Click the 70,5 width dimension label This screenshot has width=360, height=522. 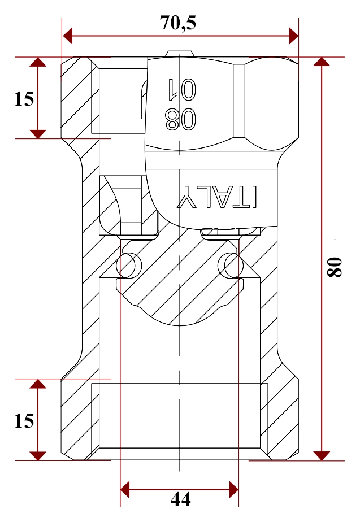pyautogui.click(x=178, y=23)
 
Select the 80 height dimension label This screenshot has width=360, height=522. pyautogui.click(x=334, y=267)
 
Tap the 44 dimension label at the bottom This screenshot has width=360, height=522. pyautogui.click(x=180, y=499)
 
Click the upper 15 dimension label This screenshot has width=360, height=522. pyautogui.click(x=24, y=99)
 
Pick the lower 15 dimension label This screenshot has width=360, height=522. pyautogui.click(x=24, y=421)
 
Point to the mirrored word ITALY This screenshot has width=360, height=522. pyautogui.click(x=217, y=197)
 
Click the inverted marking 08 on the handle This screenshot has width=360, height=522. pyautogui.click(x=180, y=119)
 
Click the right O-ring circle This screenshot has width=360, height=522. pyautogui.click(x=231, y=265)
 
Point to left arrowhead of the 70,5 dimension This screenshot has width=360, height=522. pyautogui.click(x=68, y=36)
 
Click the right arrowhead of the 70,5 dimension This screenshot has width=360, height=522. pyautogui.click(x=294, y=36)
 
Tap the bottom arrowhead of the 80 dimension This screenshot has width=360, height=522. pyautogui.click(x=322, y=456)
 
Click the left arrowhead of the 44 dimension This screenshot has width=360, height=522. pyautogui.click(x=125, y=490)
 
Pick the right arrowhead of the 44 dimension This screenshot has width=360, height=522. pyautogui.click(x=234, y=490)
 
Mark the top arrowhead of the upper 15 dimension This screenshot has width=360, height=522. pyautogui.click(x=38, y=62)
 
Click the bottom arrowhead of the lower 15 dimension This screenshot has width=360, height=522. pyautogui.click(x=38, y=456)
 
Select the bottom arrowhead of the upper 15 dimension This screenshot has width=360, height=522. pyautogui.click(x=38, y=134)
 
